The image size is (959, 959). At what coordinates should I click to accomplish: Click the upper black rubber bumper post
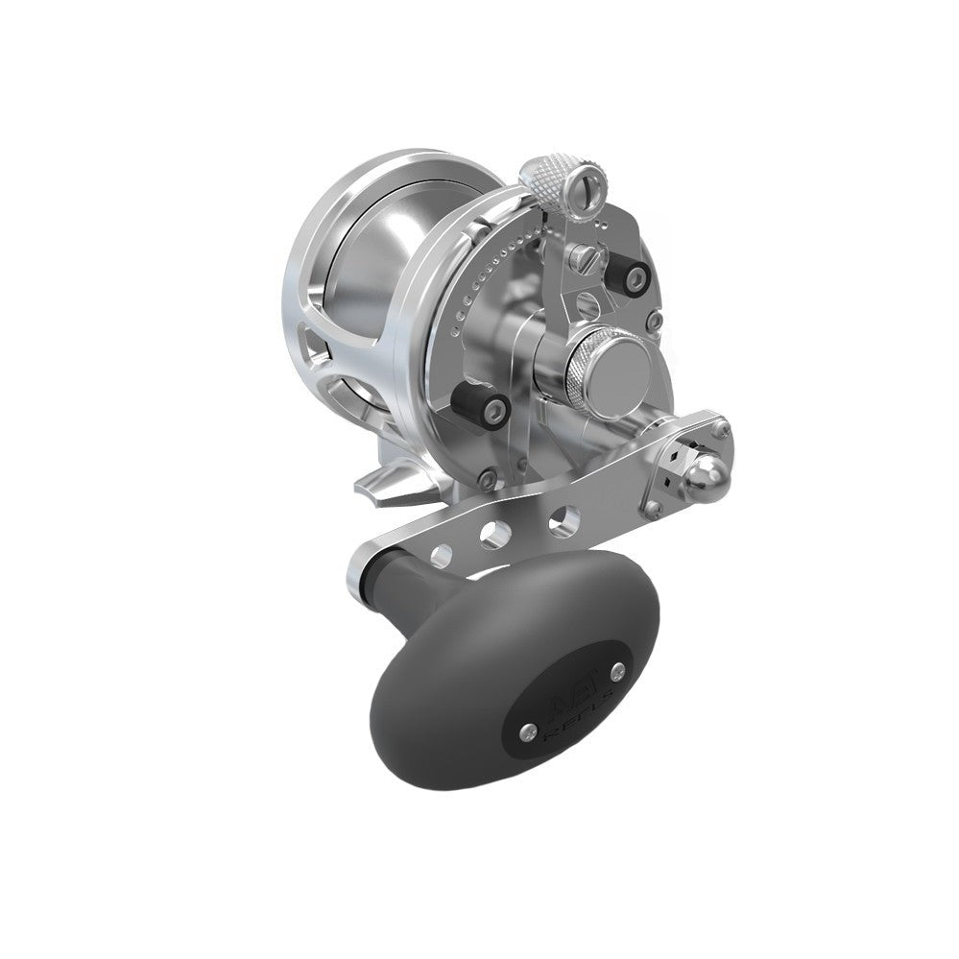tap(635, 275)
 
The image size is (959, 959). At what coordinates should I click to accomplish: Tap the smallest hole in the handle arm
tap(443, 552)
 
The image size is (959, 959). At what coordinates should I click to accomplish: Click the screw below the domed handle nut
tap(657, 506)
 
